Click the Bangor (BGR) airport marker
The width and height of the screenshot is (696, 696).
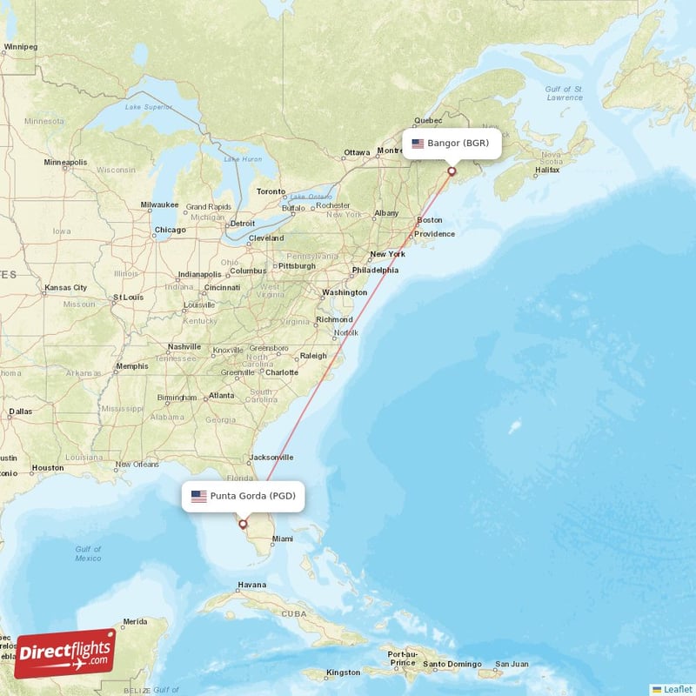point(452,171)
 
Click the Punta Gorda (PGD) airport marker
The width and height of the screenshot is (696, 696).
point(243,524)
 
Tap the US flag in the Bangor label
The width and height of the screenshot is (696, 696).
point(418,144)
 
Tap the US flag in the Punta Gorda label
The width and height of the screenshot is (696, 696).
point(199,497)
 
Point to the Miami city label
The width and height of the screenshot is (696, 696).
point(283,539)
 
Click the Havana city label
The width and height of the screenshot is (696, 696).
point(251,585)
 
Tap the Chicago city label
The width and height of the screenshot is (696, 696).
point(170,231)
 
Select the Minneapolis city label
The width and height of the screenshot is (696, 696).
point(65,163)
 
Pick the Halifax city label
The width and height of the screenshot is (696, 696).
point(547,171)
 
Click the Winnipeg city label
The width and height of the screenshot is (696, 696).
point(21,46)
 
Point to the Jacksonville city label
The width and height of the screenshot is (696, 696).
point(271,458)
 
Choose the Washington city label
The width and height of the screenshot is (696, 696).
point(345,293)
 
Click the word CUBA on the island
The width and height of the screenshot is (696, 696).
point(294,613)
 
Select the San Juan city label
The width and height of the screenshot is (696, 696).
point(512,666)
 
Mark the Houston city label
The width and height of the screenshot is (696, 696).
point(47,468)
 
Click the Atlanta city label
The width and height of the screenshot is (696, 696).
point(221,396)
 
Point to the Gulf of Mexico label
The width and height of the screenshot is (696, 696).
point(88,553)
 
